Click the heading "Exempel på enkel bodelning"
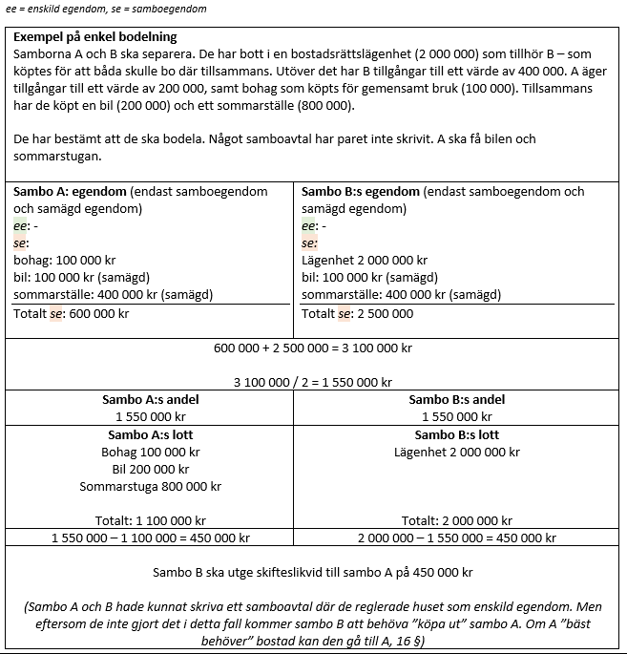point(95,36)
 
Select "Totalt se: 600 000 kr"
point(72,313)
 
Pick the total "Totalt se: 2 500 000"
point(358,313)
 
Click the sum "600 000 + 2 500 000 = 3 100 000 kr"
point(313,348)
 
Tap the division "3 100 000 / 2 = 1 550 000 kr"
point(313,382)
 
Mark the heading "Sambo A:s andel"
point(151,400)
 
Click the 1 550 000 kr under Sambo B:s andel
point(457,417)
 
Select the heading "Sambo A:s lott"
point(151,434)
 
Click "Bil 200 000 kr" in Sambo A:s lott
point(151,469)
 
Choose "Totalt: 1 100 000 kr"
point(151,520)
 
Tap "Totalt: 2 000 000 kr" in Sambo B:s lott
point(457,520)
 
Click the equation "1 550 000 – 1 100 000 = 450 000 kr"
point(151,538)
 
